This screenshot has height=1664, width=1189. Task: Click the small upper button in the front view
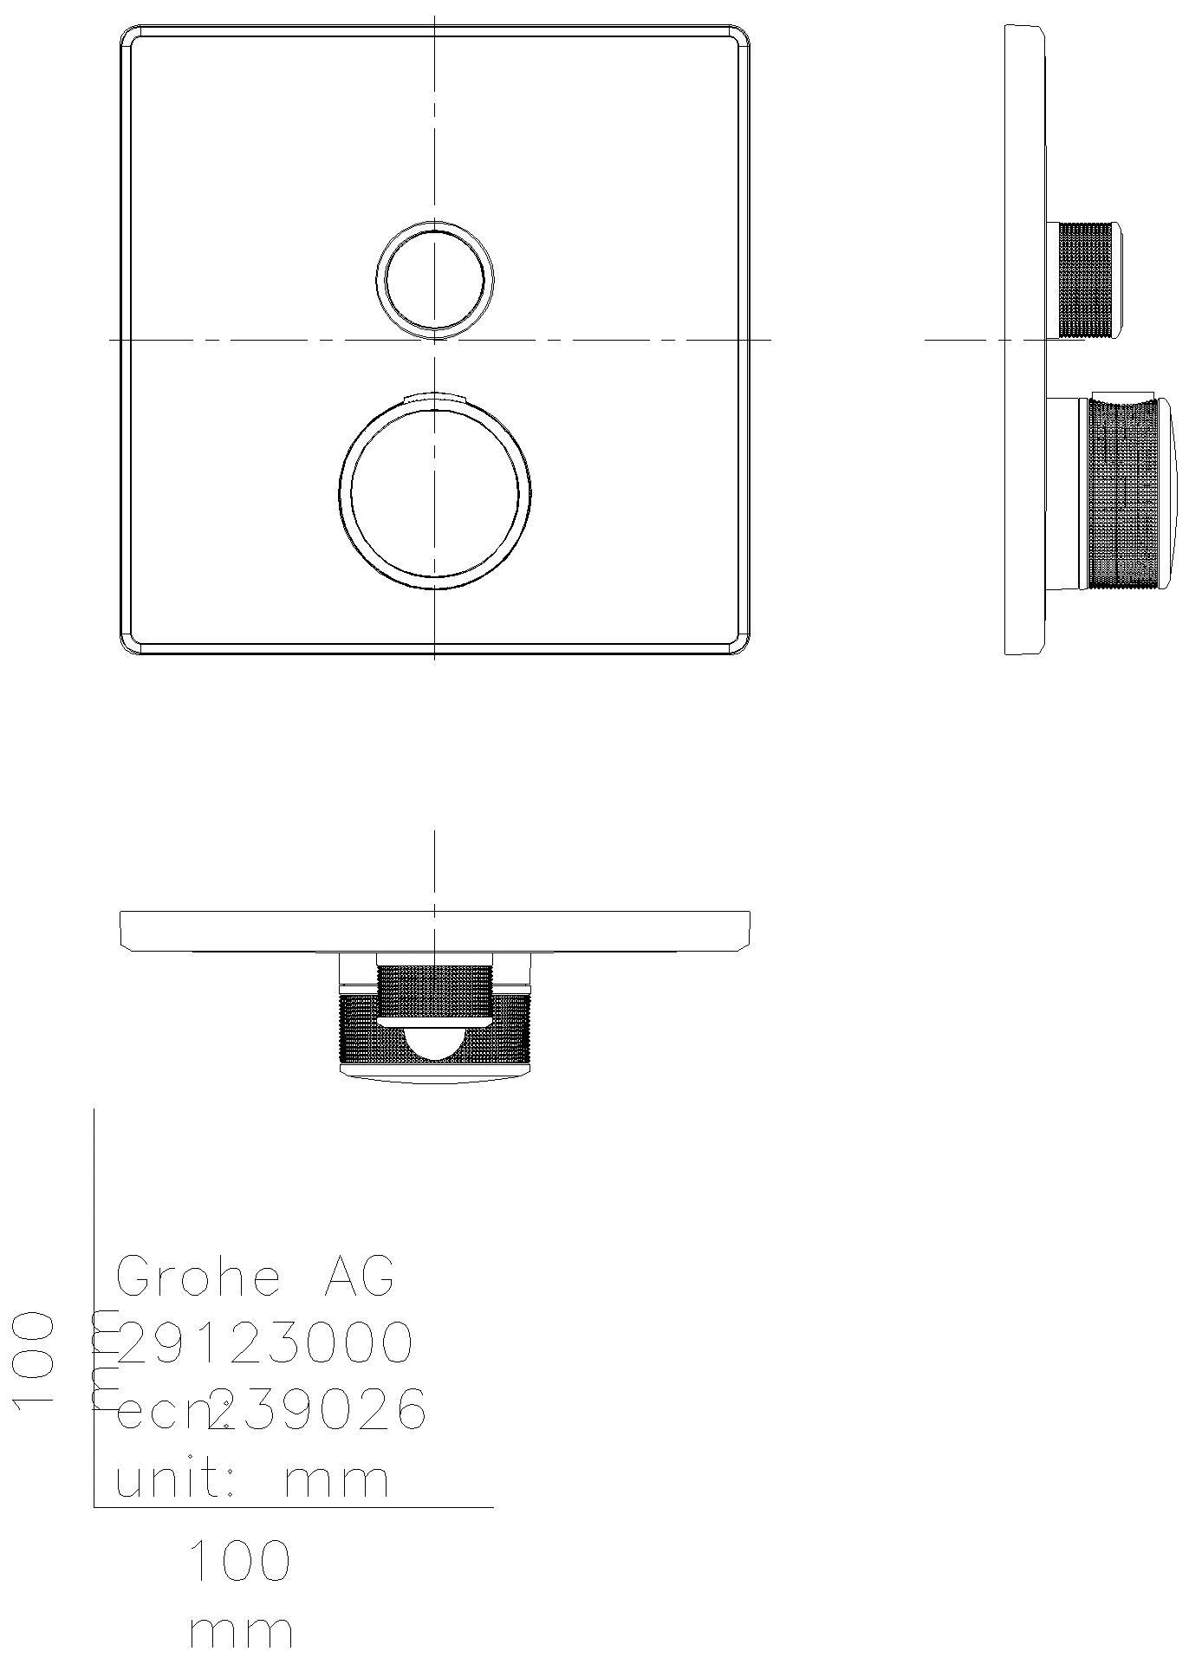(x=435, y=278)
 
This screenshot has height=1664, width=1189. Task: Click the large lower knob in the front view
(x=435, y=491)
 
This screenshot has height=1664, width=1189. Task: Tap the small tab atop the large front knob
(x=435, y=399)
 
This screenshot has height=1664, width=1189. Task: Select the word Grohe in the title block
(x=198, y=1277)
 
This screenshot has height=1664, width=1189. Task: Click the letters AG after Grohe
(x=359, y=1277)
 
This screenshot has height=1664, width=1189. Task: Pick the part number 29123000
(x=264, y=1344)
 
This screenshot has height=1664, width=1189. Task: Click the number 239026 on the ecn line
(x=321, y=1410)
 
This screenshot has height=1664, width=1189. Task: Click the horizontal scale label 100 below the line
(x=239, y=1561)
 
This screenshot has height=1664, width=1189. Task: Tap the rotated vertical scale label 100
(x=35, y=1360)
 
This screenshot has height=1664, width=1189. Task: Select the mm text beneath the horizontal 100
(x=241, y=1631)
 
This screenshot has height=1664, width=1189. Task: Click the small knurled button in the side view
(x=1086, y=279)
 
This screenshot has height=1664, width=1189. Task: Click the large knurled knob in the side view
(x=1124, y=491)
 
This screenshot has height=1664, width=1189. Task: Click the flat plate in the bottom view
(x=434, y=931)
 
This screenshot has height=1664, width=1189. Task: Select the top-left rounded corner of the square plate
(x=129, y=36)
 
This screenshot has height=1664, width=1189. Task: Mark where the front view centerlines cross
(x=434, y=340)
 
